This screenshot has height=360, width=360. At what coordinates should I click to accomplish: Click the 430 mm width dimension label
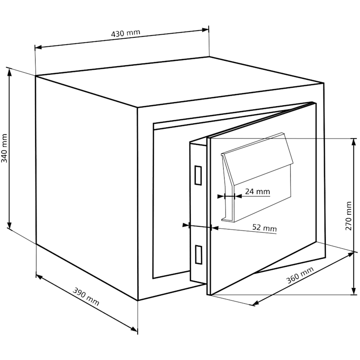click(x=126, y=33)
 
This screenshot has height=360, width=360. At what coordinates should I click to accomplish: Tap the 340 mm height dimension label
click(x=4, y=148)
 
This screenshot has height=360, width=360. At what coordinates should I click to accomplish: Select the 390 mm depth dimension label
click(x=86, y=297)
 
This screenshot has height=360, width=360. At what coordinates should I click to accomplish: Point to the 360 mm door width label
click(x=300, y=275)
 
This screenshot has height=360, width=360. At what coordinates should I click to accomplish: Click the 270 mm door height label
click(x=348, y=216)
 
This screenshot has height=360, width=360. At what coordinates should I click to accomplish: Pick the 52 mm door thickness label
click(x=265, y=228)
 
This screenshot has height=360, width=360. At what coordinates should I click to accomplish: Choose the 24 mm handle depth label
click(x=257, y=191)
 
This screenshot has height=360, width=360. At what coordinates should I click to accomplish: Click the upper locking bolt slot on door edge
click(x=198, y=175)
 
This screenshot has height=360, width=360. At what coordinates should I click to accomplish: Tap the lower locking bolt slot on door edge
click(x=198, y=254)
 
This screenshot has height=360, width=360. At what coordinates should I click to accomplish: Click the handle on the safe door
click(x=257, y=177)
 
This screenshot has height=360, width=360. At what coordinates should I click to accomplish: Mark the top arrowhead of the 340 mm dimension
click(x=9, y=72)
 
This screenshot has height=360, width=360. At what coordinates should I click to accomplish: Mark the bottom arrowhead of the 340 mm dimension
click(x=9, y=225)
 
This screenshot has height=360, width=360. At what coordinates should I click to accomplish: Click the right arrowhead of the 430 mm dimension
click(x=205, y=30)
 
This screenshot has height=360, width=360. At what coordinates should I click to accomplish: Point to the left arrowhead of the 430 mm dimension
click(x=38, y=47)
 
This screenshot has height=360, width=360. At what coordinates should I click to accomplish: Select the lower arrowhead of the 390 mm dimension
click(x=134, y=329)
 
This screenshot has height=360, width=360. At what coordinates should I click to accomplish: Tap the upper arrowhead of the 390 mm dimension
click(x=40, y=277)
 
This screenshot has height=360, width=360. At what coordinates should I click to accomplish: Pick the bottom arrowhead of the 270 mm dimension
click(x=354, y=291)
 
